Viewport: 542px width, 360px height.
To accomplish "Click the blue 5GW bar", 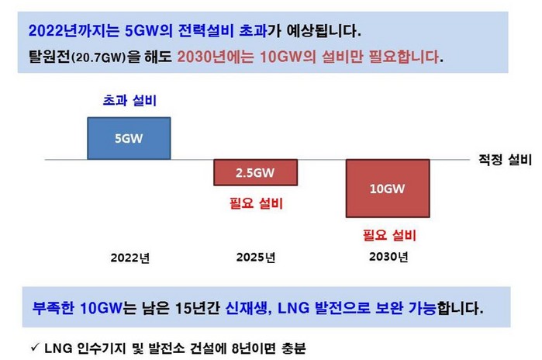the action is point(129,138).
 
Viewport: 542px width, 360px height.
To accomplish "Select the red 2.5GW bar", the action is point(255,172).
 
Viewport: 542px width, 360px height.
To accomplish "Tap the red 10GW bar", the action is point(388,189).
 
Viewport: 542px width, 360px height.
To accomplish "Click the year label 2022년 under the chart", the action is point(130,258).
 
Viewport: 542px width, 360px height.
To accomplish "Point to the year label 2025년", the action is point(256,258).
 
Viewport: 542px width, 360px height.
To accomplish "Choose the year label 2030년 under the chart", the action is point(388,257).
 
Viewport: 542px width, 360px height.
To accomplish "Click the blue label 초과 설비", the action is point(129,101).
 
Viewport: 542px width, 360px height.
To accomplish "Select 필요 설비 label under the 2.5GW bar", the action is point(256,203).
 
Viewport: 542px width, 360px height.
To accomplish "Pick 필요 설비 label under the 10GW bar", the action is point(389,235).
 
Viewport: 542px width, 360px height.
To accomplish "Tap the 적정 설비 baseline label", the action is point(505,160).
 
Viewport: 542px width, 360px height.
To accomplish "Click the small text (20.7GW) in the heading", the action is point(98,57).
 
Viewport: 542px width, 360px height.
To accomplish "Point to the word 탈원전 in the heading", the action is point(50,57).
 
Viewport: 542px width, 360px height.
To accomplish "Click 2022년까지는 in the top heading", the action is point(74,30).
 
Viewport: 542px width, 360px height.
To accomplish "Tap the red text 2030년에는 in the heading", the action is point(216,57).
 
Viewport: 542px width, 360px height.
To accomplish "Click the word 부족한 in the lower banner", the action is point(53,308).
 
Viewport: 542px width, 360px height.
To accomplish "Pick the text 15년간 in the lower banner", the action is point(198,308).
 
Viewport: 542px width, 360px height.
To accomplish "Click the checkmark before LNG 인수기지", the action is point(35,347).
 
